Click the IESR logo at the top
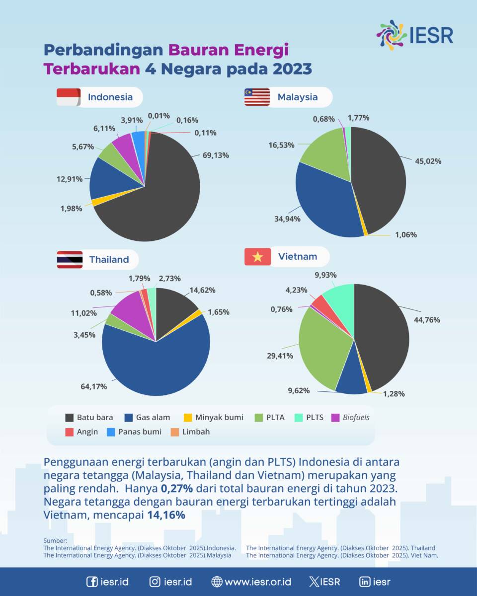(x=415, y=35)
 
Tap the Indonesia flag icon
(x=68, y=97)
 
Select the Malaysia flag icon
(x=257, y=97)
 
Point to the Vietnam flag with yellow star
(x=257, y=257)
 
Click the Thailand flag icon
(x=70, y=259)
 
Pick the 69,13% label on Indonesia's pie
(x=216, y=155)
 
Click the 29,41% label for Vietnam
(x=279, y=356)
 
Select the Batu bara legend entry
(x=89, y=417)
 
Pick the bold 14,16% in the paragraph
(x=166, y=515)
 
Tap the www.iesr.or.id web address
(x=251, y=582)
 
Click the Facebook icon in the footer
(x=92, y=582)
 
